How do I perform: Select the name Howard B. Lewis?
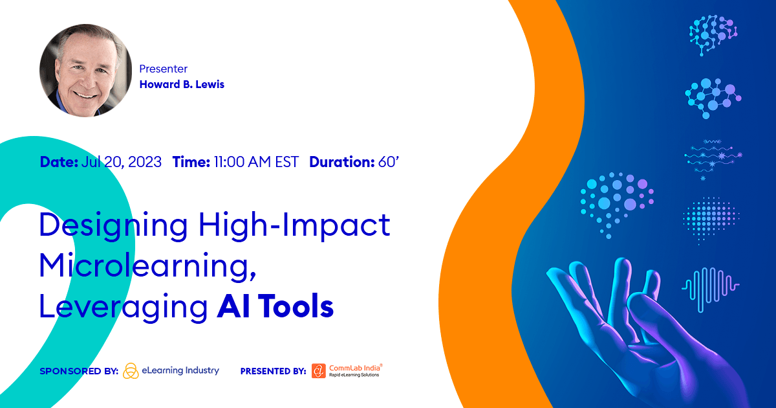pyautogui.click(x=182, y=84)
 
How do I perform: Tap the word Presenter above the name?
pyautogui.click(x=163, y=68)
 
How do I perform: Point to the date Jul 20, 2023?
pyautogui.click(x=122, y=162)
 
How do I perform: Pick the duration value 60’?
pyautogui.click(x=389, y=162)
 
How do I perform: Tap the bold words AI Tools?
pyautogui.click(x=275, y=306)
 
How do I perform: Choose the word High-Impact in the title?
pyautogui.click(x=294, y=225)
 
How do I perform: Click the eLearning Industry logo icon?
pyautogui.click(x=131, y=370)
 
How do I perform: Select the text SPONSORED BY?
pyautogui.click(x=78, y=371)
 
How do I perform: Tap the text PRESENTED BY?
pyautogui.click(x=273, y=371)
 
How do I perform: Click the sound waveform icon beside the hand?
pyautogui.click(x=710, y=286)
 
